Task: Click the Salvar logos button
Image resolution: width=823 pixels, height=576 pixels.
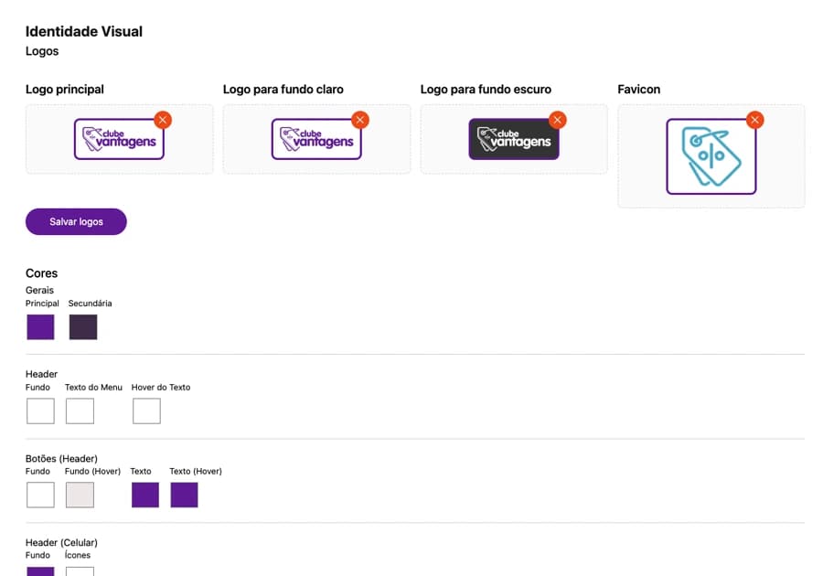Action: pos(76,222)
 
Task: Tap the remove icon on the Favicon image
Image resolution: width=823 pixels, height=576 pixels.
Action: pos(754,120)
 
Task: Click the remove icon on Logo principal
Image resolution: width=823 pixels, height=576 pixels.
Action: pos(163,120)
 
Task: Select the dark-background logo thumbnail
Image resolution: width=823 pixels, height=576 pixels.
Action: pos(514,139)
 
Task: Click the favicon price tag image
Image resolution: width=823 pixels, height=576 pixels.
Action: pos(711,156)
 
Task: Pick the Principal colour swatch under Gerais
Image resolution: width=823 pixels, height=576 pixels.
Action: pos(40,326)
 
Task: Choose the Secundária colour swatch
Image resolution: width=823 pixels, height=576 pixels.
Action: pos(83,326)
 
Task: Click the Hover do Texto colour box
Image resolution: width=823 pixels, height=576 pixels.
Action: pos(146,411)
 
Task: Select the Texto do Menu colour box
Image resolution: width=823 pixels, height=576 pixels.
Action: pos(80,411)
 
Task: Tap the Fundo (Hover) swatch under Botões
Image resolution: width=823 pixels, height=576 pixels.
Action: pos(80,495)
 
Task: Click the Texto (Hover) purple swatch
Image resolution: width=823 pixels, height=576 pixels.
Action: pos(184,495)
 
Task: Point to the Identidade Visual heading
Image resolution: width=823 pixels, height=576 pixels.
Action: pos(84,31)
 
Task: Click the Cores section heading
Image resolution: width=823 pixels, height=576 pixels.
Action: pos(41,273)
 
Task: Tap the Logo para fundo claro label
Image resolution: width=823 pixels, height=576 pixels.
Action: pos(283,90)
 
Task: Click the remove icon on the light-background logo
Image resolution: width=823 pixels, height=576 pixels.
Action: pos(360,120)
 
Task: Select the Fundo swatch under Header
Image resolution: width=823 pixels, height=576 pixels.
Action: pos(40,411)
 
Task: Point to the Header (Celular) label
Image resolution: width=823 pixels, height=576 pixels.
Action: pos(61,542)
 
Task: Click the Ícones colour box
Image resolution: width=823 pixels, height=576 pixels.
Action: pos(80,571)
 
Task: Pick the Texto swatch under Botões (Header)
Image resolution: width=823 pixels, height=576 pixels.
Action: pos(145,495)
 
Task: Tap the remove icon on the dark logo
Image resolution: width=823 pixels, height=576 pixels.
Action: pos(558,120)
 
